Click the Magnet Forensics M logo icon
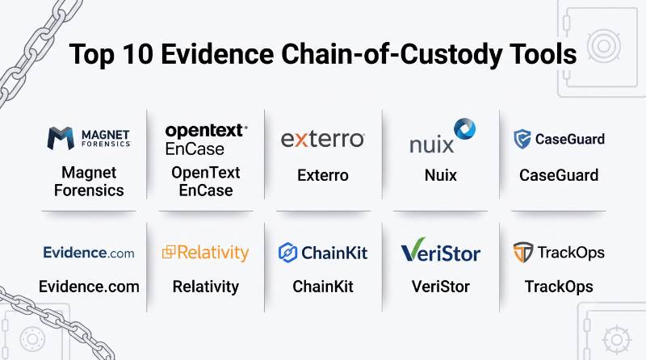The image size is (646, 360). (61, 138)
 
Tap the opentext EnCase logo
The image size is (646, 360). (206, 140)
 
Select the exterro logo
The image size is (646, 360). (322, 139)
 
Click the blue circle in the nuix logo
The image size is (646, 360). (465, 129)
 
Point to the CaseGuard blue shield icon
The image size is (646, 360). (522, 139)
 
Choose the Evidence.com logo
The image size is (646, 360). (89, 253)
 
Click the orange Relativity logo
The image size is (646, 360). (206, 253)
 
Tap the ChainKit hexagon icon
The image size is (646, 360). (287, 253)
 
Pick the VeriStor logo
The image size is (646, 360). (440, 250)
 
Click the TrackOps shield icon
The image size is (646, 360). (523, 252)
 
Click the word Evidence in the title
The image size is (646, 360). (217, 54)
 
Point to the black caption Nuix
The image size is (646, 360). (440, 175)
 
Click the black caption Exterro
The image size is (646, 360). (323, 175)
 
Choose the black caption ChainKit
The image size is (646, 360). (323, 287)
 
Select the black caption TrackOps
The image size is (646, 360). (559, 287)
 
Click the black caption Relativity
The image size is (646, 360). (206, 287)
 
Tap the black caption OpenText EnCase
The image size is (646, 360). (206, 182)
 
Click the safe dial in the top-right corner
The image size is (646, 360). (603, 45)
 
